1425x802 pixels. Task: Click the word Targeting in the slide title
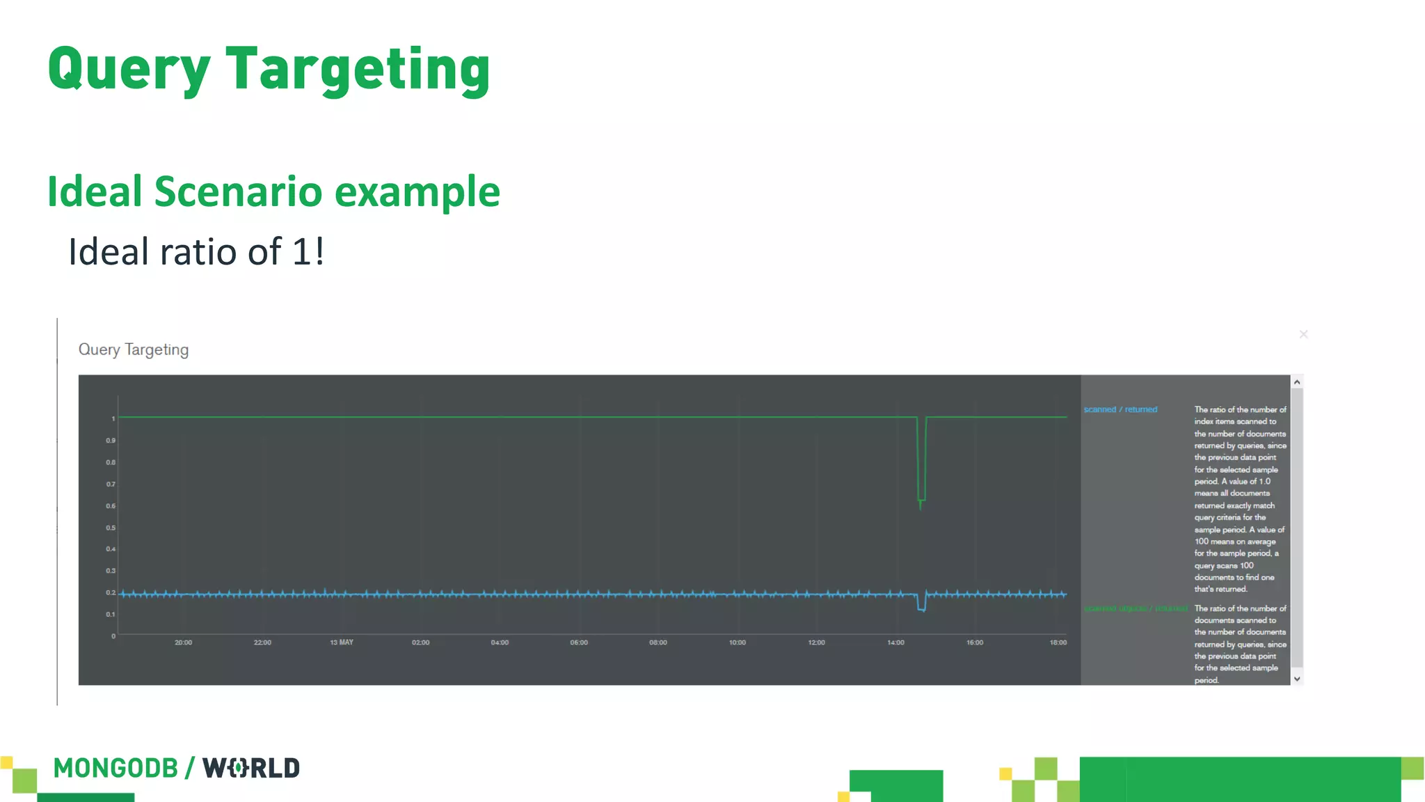(358, 70)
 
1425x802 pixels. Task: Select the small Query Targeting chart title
(134, 349)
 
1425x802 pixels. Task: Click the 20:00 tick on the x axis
(183, 643)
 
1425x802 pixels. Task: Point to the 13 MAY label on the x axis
(342, 643)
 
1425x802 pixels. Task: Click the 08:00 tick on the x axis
(658, 643)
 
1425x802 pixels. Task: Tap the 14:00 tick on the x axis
(895, 643)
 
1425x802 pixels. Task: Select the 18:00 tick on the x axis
(1058, 643)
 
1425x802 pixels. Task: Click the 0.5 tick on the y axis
(111, 528)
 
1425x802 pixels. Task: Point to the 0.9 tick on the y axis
(111, 441)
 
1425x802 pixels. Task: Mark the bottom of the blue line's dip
(922, 610)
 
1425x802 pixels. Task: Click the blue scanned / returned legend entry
(1120, 409)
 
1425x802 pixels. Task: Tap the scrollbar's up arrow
(1297, 382)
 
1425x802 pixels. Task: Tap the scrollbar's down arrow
(1297, 679)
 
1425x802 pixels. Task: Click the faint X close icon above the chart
(1303, 335)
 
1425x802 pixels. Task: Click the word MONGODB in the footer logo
(116, 769)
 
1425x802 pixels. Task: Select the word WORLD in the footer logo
(251, 769)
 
